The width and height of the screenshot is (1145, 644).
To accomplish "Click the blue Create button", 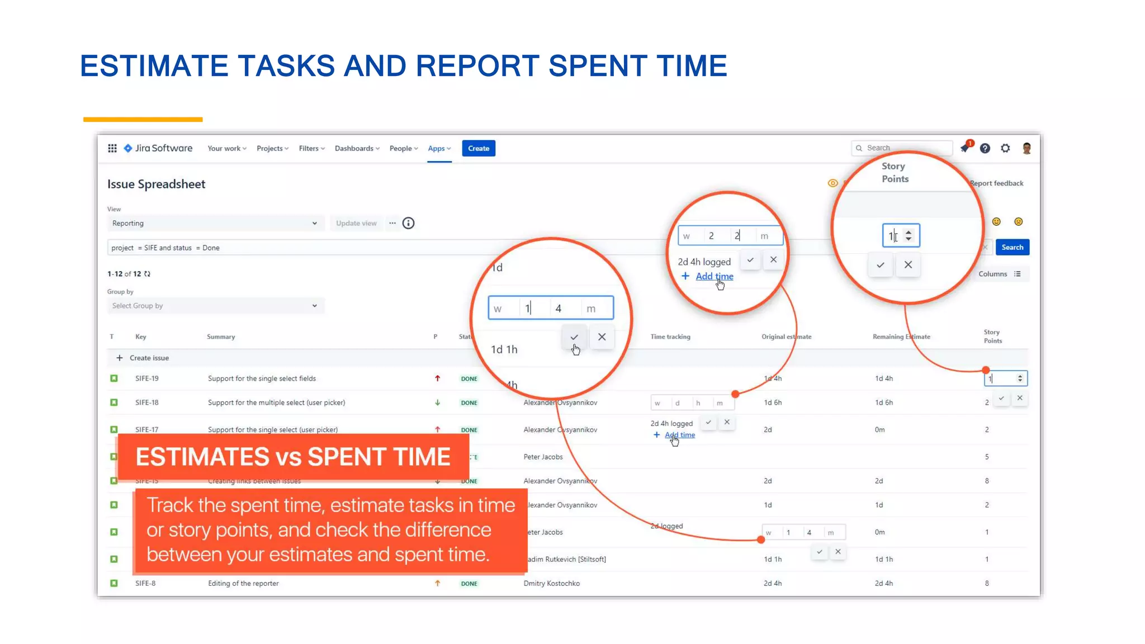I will click(x=478, y=148).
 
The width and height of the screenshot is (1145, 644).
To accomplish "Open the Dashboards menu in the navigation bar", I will click(x=357, y=148).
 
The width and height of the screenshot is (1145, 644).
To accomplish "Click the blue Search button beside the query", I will click(x=1012, y=247).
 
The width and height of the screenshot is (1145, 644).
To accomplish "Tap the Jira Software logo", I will click(x=158, y=148).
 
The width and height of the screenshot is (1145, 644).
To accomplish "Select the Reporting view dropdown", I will click(x=215, y=223).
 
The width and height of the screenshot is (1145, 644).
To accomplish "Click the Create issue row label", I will click(x=149, y=358).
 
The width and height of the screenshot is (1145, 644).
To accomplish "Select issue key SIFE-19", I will click(x=147, y=378).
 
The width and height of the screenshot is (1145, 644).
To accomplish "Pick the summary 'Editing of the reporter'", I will click(x=243, y=583).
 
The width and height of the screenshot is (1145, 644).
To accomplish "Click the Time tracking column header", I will click(x=670, y=337).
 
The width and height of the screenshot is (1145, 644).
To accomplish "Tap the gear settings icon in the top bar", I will click(x=1005, y=148).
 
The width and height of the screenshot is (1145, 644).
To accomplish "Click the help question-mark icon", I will click(x=985, y=148).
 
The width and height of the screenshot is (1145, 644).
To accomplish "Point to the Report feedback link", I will click(x=996, y=183).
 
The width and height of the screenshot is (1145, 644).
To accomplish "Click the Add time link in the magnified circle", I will click(x=714, y=276).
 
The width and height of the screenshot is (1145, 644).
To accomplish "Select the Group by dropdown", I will click(x=215, y=306).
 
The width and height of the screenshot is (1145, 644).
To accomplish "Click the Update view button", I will click(x=356, y=223).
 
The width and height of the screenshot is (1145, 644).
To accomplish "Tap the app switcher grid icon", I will click(x=112, y=148).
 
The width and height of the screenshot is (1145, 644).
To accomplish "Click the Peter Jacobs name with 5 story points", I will click(x=543, y=457).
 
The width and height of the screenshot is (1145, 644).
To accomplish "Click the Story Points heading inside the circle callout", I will click(x=895, y=172).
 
